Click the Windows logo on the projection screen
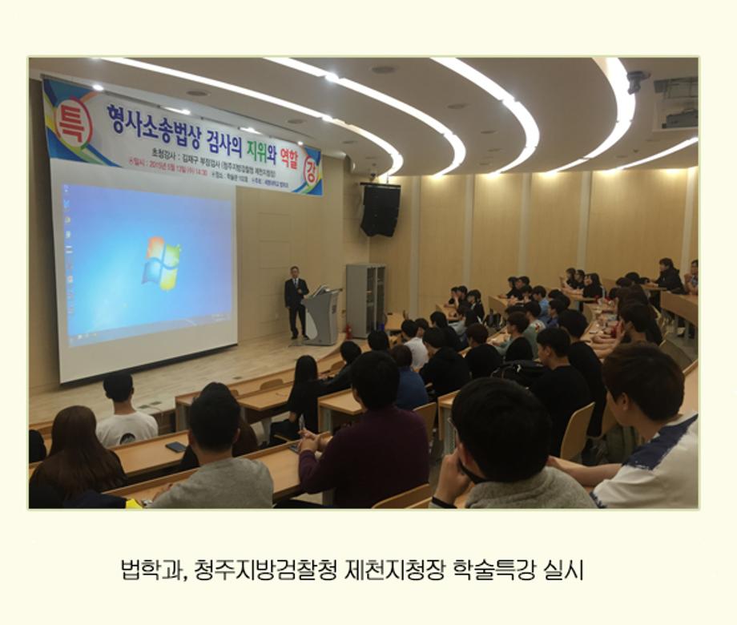[x=161, y=264]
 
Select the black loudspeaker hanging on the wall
[x=380, y=210]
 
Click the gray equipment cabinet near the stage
[x=365, y=300]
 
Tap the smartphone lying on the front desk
[x=175, y=446]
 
